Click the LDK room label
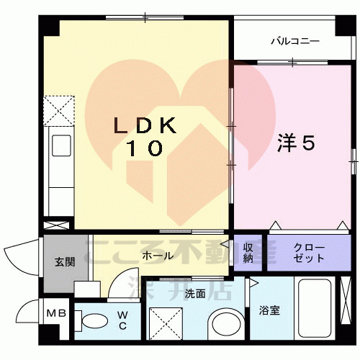click(x=145, y=125)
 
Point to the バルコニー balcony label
click(x=294, y=42)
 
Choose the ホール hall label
click(x=157, y=256)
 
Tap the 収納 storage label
click(x=248, y=253)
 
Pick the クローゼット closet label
click(x=309, y=253)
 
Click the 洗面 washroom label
click(x=195, y=294)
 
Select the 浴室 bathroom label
click(x=270, y=311)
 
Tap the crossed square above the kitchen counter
click(x=60, y=109)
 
